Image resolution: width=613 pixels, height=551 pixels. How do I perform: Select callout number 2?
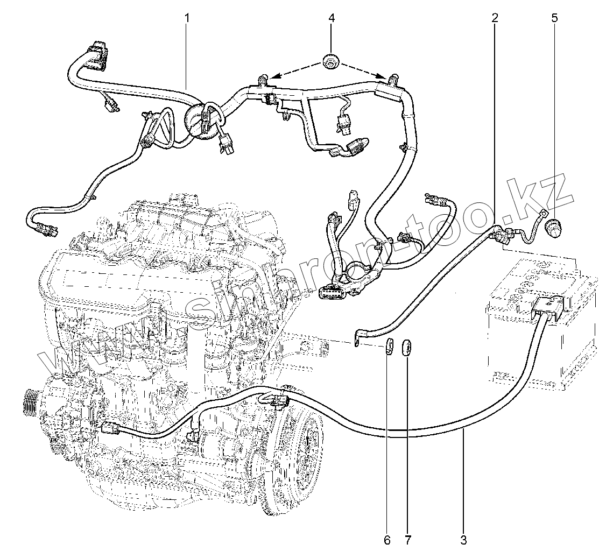495,18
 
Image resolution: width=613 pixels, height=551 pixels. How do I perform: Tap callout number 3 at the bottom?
463,538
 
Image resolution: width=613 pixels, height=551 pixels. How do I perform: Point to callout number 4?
332,18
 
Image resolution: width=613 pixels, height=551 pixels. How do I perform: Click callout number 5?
554,18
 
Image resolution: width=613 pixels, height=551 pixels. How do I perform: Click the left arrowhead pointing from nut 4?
272,77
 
